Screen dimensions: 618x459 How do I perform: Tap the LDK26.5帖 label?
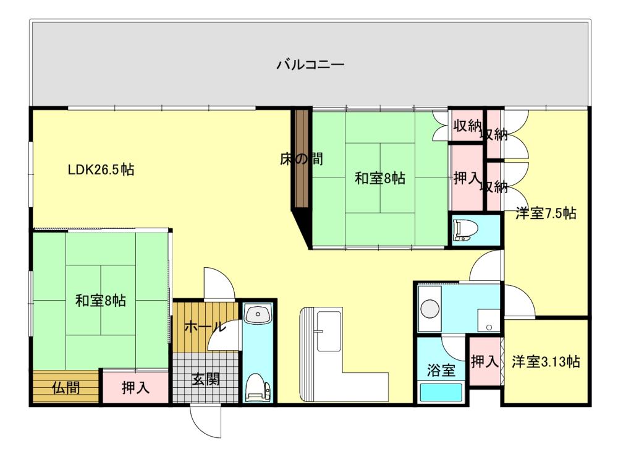click(x=101, y=169)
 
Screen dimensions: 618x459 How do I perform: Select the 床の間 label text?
click(x=302, y=159)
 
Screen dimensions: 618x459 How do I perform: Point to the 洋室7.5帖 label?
click(x=546, y=213)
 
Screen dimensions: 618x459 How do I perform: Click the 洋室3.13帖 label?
click(x=546, y=361)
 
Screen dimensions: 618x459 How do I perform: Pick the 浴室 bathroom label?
click(x=441, y=370)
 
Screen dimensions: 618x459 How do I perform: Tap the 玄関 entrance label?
click(x=205, y=379)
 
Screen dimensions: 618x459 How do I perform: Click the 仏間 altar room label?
click(x=66, y=388)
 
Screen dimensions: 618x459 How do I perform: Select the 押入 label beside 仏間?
click(x=135, y=388)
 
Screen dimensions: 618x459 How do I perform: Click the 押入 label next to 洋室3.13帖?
click(x=485, y=361)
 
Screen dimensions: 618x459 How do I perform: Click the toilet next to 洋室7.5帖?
click(x=466, y=231)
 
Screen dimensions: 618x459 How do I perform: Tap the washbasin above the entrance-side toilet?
click(x=258, y=314)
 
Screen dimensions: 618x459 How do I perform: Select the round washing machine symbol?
click(x=430, y=309)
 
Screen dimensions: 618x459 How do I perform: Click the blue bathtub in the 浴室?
click(x=441, y=392)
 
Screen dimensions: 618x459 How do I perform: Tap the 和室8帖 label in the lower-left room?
click(x=101, y=301)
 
